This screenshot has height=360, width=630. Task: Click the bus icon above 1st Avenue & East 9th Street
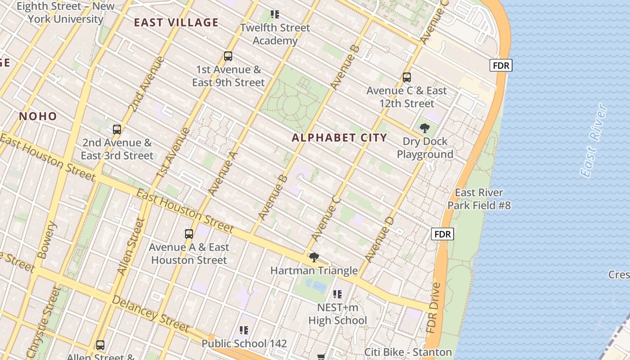[228, 56]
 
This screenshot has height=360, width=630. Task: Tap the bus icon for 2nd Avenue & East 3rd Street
[117, 130]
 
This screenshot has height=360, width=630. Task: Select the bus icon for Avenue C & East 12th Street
[407, 77]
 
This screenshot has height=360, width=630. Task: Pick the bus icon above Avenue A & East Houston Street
[189, 234]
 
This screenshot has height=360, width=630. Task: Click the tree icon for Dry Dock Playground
[424, 128]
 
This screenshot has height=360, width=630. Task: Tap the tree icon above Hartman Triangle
[314, 257]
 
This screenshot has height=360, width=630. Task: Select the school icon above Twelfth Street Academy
[275, 14]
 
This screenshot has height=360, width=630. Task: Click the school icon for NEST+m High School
[337, 294]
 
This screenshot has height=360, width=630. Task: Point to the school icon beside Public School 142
[244, 331]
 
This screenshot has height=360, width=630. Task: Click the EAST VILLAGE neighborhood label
[176, 22]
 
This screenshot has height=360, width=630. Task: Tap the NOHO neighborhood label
[38, 117]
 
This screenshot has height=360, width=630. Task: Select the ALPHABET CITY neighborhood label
[339, 138]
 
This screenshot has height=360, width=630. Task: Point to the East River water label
[594, 140]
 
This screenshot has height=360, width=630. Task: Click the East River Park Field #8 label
[479, 199]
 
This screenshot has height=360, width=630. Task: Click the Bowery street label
[47, 239]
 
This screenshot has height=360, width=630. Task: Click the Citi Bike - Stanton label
[408, 352]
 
